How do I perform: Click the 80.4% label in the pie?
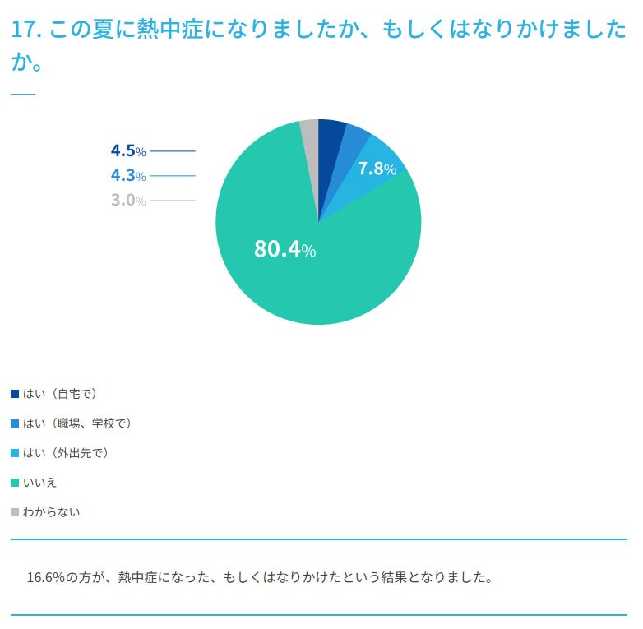[284, 249]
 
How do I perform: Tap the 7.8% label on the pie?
[377, 169]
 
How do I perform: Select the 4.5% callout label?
[128, 150]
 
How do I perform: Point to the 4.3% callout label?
[128, 175]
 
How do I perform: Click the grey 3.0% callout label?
[128, 200]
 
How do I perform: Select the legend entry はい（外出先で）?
[66, 452]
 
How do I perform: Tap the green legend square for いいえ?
[15, 482]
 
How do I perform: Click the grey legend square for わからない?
[15, 511]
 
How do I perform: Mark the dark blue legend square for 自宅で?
[15, 393]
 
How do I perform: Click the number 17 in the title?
[24, 30]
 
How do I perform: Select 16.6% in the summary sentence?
[46, 576]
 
